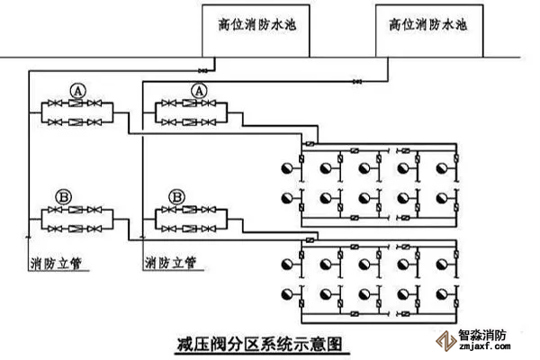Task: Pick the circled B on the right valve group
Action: click(177, 195)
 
